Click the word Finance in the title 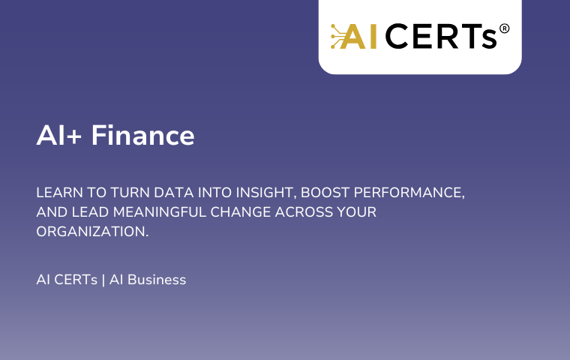[x=142, y=135]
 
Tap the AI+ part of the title [x=59, y=135]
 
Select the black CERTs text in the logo [x=440, y=36]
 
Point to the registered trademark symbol [x=504, y=28]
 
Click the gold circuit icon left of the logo [x=337, y=36]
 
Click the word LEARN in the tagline [x=59, y=192]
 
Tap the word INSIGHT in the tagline [x=265, y=193]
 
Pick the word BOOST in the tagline [x=325, y=192]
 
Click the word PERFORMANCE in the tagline [x=407, y=192]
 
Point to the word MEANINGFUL [x=160, y=212]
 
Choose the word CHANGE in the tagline [x=241, y=212]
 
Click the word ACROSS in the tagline [x=304, y=212]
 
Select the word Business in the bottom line [x=157, y=280]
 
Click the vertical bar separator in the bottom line [x=103, y=280]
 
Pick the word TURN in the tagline [x=130, y=192]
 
